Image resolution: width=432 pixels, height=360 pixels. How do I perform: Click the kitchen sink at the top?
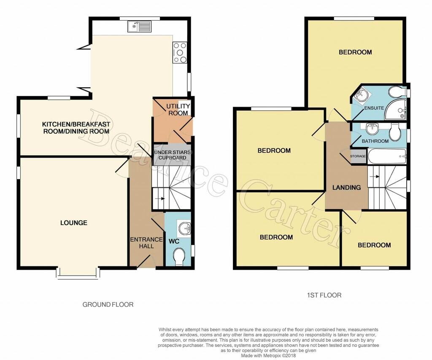point(139,27)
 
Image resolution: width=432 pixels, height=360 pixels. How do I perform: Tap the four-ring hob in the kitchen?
point(180,52)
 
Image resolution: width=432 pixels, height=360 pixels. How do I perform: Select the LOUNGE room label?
point(74,223)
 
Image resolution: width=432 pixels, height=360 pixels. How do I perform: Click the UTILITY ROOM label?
point(178,110)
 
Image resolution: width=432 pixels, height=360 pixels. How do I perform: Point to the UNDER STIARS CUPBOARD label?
point(172,155)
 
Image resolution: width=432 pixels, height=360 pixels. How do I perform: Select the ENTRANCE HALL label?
point(146,243)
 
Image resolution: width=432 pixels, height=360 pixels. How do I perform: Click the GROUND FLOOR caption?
point(108,304)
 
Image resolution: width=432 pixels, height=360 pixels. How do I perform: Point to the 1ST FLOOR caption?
point(324,296)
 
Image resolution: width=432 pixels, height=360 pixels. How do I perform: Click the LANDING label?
point(346,188)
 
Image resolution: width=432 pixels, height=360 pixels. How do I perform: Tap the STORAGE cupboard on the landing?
point(358,156)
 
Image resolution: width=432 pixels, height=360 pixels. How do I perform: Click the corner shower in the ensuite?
point(395,109)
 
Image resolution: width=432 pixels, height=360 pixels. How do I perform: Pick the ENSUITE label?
point(374,108)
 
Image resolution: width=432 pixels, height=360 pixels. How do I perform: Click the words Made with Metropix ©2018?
point(268,356)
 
